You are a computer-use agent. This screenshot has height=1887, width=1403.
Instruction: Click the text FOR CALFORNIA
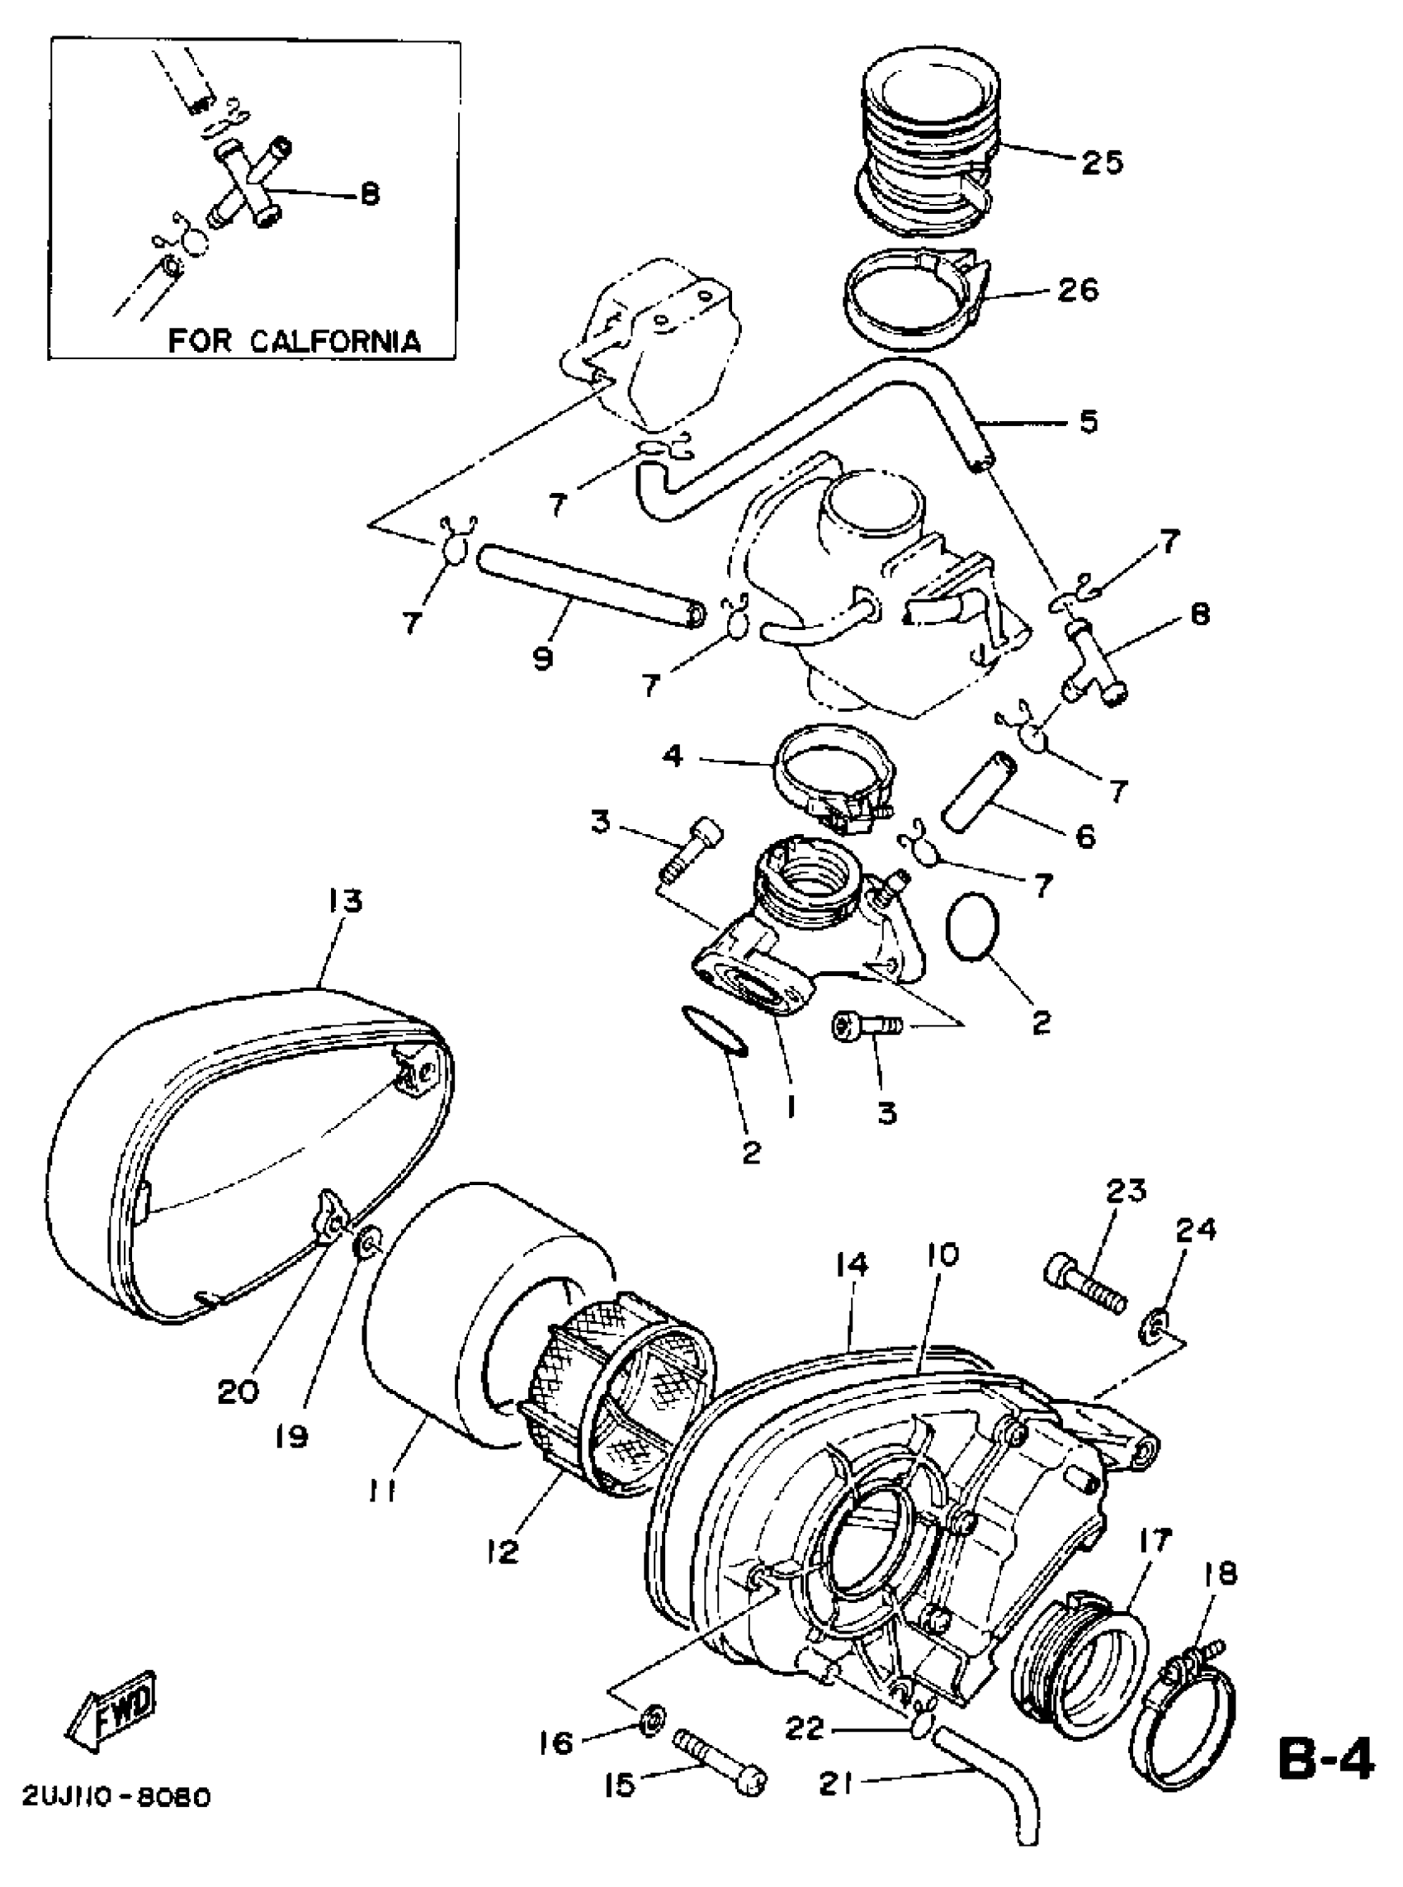[294, 341]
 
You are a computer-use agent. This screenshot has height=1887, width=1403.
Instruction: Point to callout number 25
[1102, 160]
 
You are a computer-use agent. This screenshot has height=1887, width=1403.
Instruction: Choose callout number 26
[1078, 291]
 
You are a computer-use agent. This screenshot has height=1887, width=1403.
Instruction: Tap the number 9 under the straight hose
[544, 657]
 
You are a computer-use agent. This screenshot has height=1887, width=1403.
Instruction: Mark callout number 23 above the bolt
[1127, 1190]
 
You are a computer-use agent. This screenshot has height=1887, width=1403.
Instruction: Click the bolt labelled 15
[720, 1771]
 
